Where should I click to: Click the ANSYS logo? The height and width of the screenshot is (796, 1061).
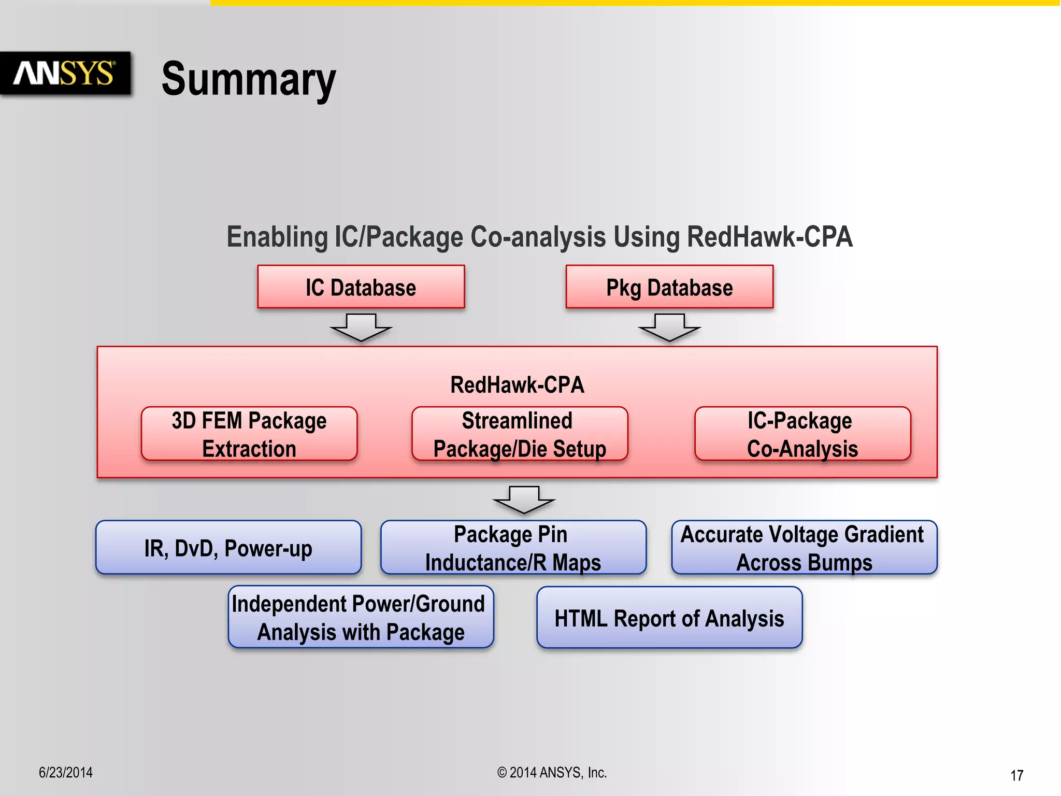(x=64, y=73)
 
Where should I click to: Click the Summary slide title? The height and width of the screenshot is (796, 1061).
(x=249, y=79)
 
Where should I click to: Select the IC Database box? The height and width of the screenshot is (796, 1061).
(x=361, y=287)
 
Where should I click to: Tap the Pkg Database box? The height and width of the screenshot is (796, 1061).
(x=669, y=287)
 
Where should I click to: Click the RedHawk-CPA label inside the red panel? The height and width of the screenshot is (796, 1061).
(x=517, y=385)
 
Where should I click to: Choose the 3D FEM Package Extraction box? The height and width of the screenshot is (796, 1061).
(x=249, y=434)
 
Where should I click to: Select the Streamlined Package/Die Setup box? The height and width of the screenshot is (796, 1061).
(x=520, y=434)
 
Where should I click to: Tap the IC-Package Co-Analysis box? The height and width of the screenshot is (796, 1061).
(x=802, y=434)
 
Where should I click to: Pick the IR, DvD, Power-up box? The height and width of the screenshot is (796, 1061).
(x=228, y=548)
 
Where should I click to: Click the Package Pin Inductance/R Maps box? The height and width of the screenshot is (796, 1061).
(x=513, y=548)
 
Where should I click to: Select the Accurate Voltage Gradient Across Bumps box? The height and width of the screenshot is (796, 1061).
(x=804, y=548)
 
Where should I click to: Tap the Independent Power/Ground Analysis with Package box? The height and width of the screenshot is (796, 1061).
(x=361, y=617)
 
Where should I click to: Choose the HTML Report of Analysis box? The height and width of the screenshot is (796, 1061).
(x=669, y=618)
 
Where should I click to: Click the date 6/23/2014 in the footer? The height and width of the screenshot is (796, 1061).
(x=66, y=773)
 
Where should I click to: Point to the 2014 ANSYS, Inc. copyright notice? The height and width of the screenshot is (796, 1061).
(x=552, y=773)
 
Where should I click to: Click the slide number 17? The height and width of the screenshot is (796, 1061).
(x=1016, y=775)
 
